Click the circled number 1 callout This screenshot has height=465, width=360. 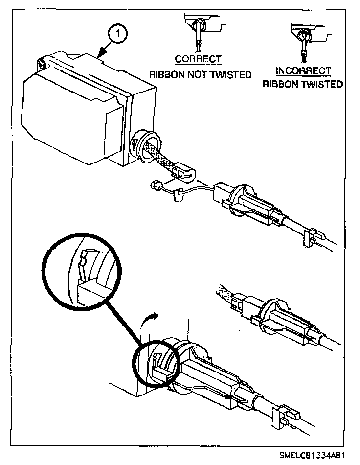click(x=118, y=33)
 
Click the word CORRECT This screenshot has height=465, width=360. click(x=198, y=59)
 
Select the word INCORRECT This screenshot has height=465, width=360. click(x=303, y=71)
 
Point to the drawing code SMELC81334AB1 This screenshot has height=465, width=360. click(x=312, y=456)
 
